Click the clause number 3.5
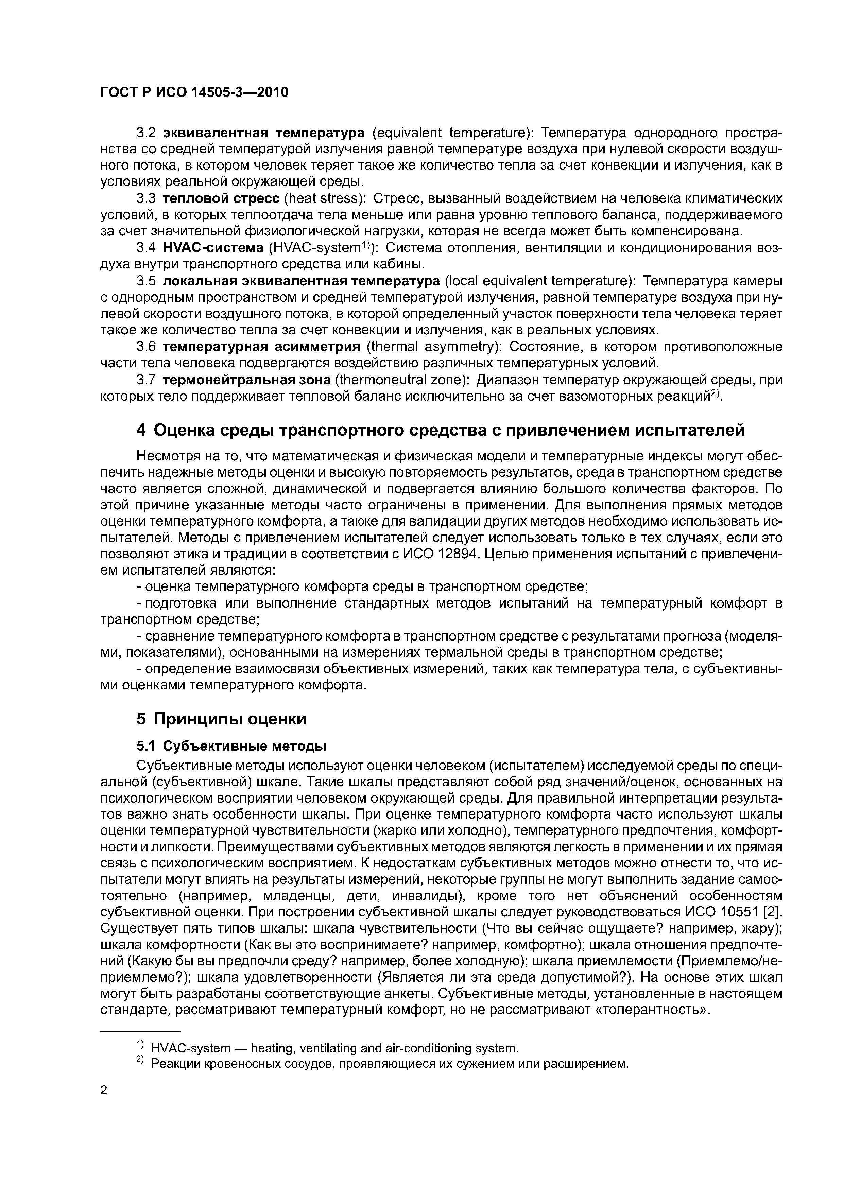pos(146,281)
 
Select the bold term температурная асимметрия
pos(261,347)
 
